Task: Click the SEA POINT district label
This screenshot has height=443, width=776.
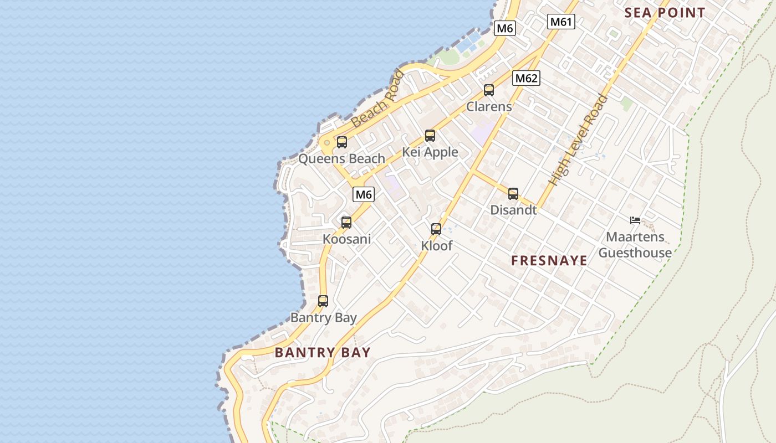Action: (x=665, y=13)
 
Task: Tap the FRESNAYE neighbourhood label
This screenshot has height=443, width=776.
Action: (x=549, y=261)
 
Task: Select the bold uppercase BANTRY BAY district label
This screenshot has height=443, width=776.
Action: (x=323, y=352)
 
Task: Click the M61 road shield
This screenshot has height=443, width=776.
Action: (x=561, y=22)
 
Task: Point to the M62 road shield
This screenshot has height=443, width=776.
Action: (x=525, y=78)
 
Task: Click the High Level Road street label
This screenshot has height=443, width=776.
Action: (x=579, y=140)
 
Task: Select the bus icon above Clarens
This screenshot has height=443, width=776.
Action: (x=488, y=90)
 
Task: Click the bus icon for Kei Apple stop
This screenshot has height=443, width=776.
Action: (x=430, y=135)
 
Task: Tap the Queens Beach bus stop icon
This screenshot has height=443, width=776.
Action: (x=341, y=142)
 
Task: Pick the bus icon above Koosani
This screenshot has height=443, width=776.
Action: (x=346, y=222)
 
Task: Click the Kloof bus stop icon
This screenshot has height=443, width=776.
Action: (x=436, y=229)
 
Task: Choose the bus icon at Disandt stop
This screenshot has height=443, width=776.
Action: (x=513, y=193)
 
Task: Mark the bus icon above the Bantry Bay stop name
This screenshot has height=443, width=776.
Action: (x=323, y=301)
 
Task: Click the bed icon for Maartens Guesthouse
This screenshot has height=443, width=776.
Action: (x=635, y=220)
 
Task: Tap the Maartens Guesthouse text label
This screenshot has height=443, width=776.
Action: (x=635, y=245)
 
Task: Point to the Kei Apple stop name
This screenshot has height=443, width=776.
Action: (x=430, y=152)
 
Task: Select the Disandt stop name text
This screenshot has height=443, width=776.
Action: (x=513, y=210)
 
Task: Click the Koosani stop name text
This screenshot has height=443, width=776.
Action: (x=346, y=239)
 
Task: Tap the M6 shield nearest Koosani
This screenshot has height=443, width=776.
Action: (x=364, y=194)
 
